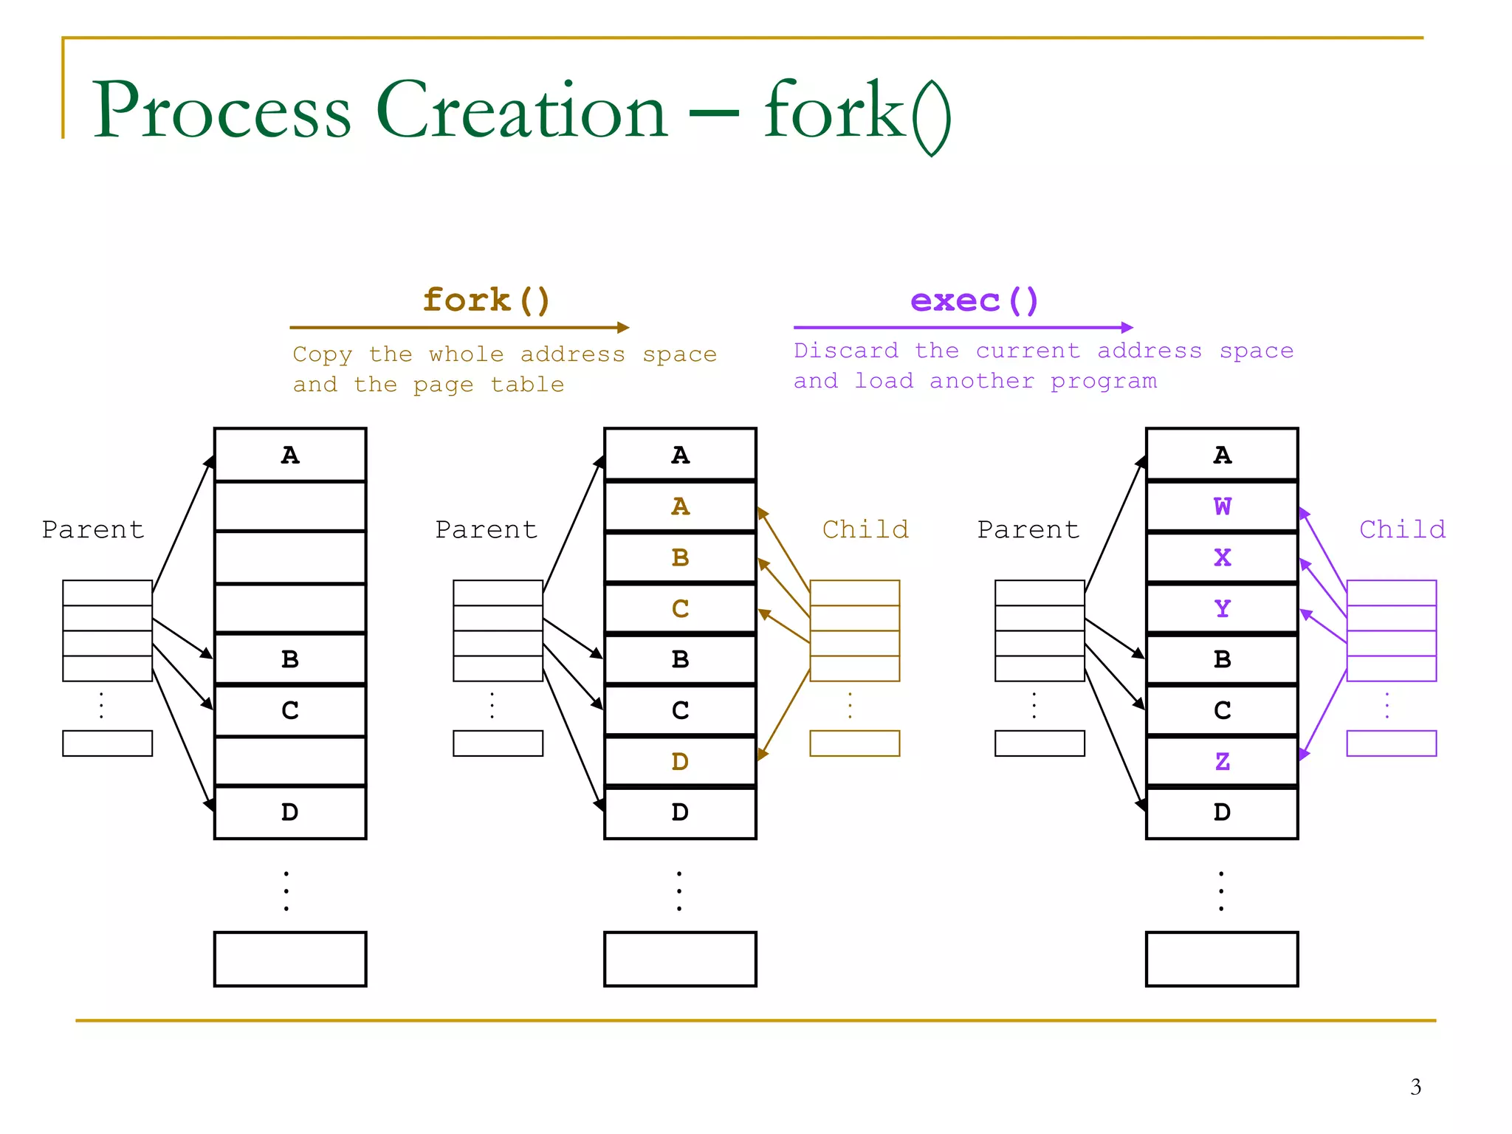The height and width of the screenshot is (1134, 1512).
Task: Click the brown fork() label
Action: pyautogui.click(x=486, y=300)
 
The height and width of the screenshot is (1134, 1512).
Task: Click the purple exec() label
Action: pyautogui.click(x=974, y=300)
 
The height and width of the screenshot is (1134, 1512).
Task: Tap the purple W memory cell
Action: pyautogui.click(x=1222, y=506)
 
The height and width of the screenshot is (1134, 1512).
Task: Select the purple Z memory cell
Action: pyautogui.click(x=1222, y=761)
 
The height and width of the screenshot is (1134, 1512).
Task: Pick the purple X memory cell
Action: pyautogui.click(x=1222, y=557)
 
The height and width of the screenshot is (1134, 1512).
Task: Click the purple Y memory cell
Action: pyautogui.click(x=1222, y=608)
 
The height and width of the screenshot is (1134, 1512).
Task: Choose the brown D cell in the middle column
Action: pyautogui.click(x=680, y=761)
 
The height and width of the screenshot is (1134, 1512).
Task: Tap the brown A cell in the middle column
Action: pyautogui.click(x=680, y=506)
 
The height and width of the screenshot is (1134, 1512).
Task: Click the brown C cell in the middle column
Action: pyautogui.click(x=680, y=608)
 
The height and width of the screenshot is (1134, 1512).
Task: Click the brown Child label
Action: pyautogui.click(x=865, y=529)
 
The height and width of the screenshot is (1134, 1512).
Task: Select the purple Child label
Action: pyautogui.click(x=1402, y=529)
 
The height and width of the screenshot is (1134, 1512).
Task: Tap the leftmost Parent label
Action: pyautogui.click(x=93, y=529)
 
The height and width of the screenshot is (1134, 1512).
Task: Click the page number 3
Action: pyautogui.click(x=1415, y=1087)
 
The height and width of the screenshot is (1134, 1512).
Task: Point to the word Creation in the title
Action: pyautogui.click(x=521, y=111)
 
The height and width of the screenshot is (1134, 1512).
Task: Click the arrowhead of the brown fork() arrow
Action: pyautogui.click(x=624, y=327)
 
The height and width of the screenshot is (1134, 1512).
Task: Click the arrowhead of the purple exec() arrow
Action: pyautogui.click(x=1127, y=327)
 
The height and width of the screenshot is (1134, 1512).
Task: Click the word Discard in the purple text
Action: pyautogui.click(x=846, y=351)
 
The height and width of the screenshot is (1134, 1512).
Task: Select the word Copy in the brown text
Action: pyautogui.click(x=322, y=354)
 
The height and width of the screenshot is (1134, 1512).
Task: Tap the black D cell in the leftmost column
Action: pyautogui.click(x=290, y=812)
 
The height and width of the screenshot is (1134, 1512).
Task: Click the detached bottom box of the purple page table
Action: pyautogui.click(x=1391, y=743)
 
